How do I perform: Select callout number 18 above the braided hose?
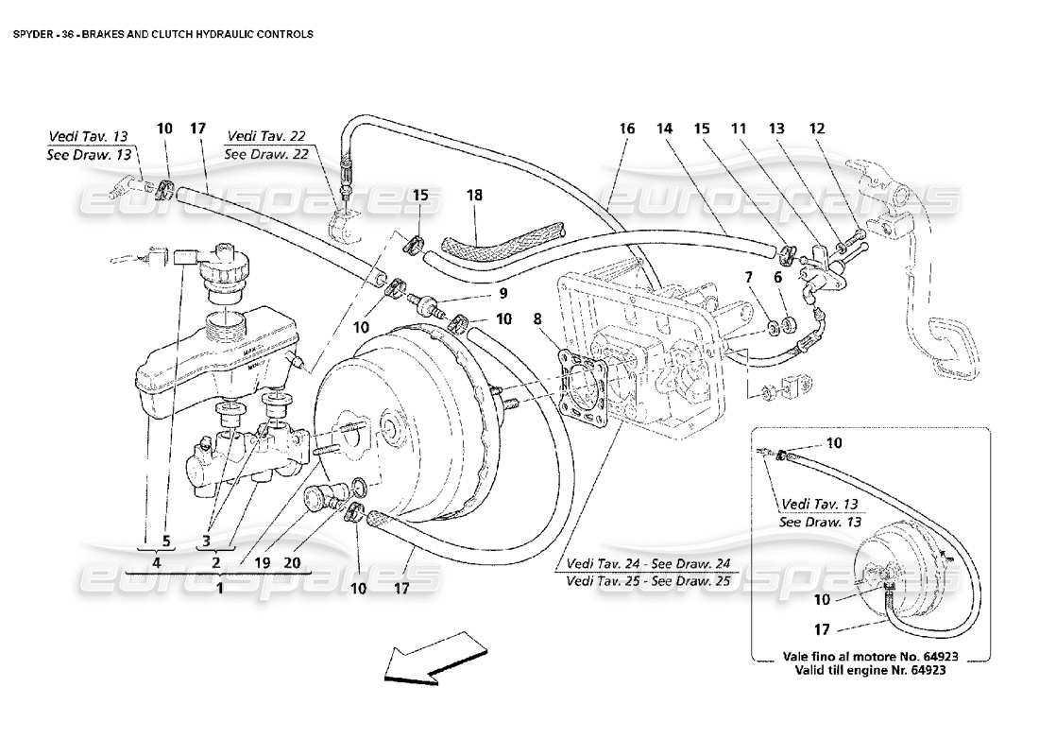coord(474,195)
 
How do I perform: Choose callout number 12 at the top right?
coord(817,126)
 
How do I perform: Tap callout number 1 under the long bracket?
coord(220,586)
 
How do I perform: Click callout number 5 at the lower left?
coord(165,541)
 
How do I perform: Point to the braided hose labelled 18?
coord(496,240)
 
